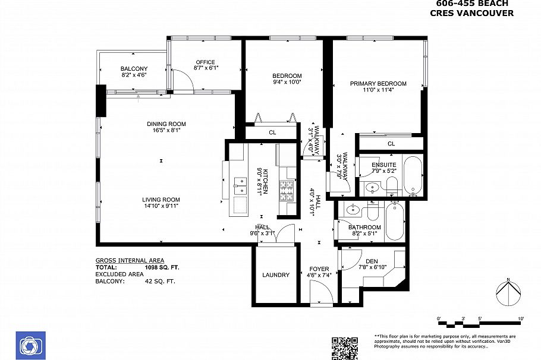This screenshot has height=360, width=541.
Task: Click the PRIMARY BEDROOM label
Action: [x=378, y=83]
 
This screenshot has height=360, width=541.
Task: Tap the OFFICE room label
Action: [x=206, y=62]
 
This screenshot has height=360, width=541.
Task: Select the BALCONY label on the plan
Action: [x=134, y=68]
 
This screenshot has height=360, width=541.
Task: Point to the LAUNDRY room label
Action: [x=276, y=275]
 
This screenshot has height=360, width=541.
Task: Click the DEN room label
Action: [x=372, y=261]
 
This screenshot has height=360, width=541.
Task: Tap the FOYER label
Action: [x=319, y=269]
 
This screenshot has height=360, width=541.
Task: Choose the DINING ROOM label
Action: [x=166, y=124]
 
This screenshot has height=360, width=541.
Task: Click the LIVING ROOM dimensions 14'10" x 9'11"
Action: [x=161, y=206]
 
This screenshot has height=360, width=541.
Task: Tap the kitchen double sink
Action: [x=240, y=185]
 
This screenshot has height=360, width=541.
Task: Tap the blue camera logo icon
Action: [x=28, y=345]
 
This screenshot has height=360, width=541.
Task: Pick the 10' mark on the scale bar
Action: [x=521, y=319]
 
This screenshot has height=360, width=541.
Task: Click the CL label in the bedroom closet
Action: [x=272, y=132]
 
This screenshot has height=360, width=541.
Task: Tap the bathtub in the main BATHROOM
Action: [x=394, y=220]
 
